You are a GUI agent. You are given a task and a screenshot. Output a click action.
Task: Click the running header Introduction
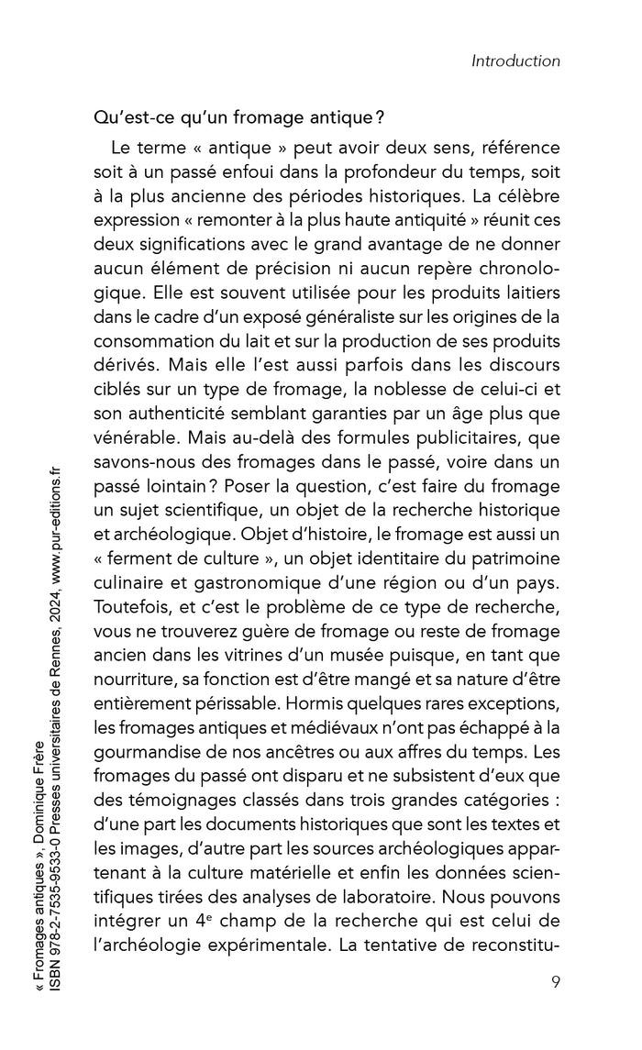click(x=515, y=61)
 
